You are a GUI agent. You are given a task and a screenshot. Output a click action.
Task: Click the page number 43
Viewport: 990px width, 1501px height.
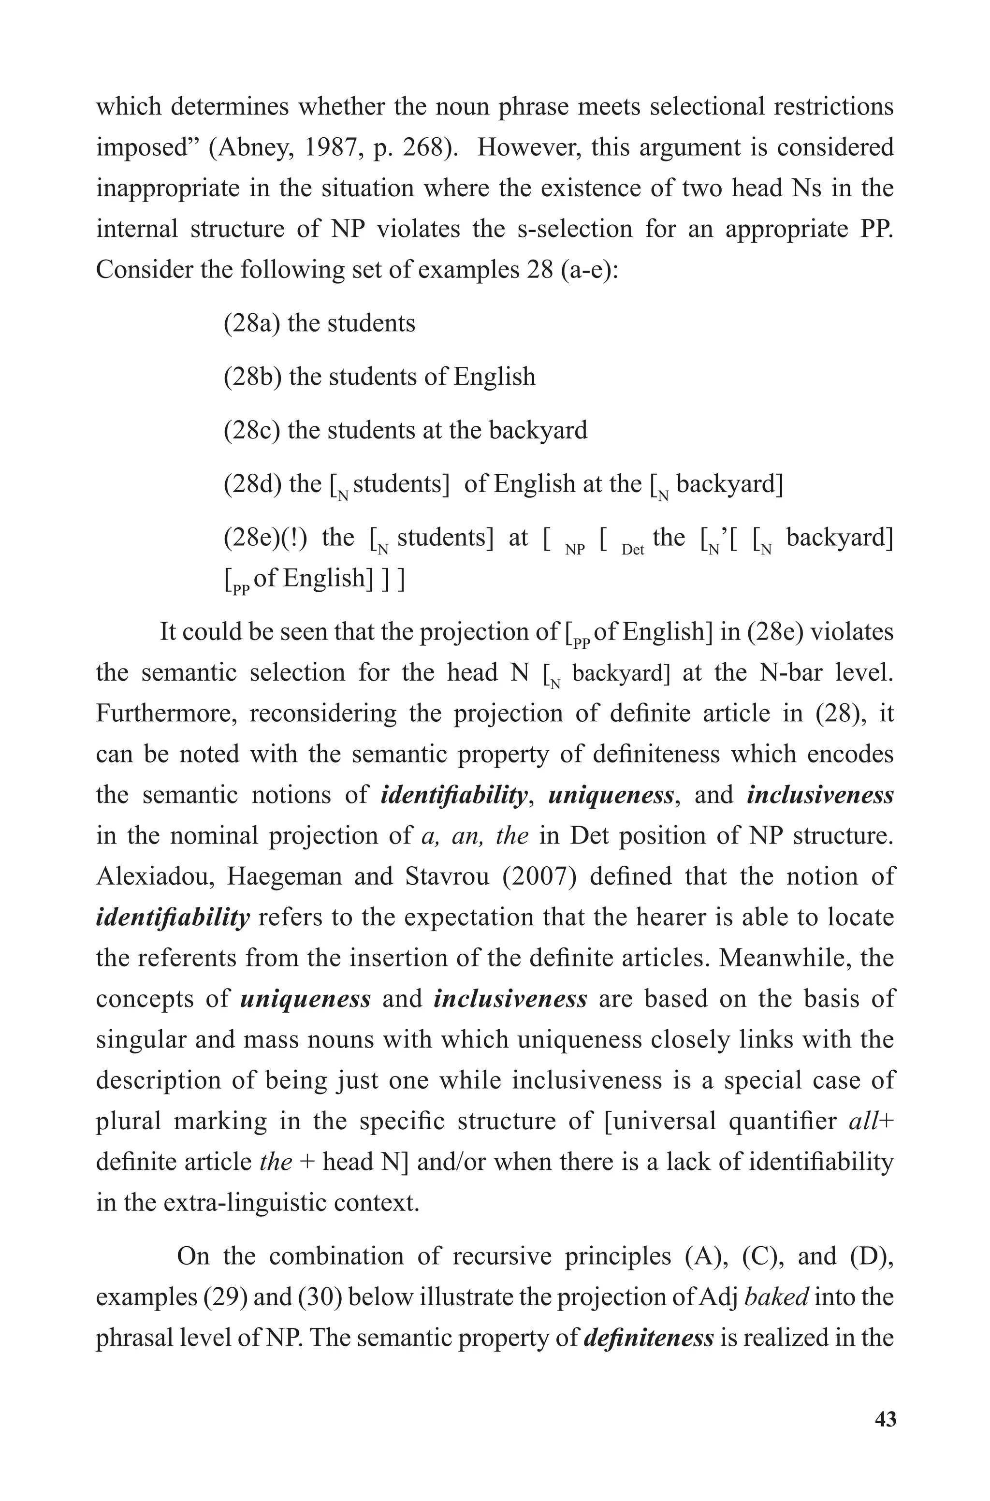click(885, 1420)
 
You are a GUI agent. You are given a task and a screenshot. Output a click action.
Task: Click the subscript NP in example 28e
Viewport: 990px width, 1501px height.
click(575, 551)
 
